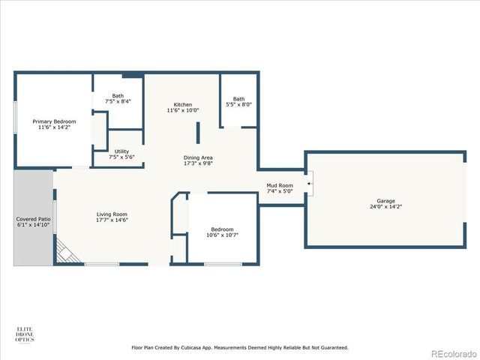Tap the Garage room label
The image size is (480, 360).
pos(385,200)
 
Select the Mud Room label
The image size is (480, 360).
pos(280,184)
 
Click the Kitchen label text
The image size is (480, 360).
pos(183,104)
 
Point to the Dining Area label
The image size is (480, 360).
pos(199,157)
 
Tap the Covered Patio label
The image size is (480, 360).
pos(33,219)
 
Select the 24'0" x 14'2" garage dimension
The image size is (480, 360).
pos(385,207)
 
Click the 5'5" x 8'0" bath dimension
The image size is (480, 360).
pos(238,105)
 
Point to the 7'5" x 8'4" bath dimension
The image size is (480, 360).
pos(118,101)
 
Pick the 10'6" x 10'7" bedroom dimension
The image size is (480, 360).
pos(221,235)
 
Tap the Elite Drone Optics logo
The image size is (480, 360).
pos(25,334)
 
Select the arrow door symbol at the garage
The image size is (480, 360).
pos(309,181)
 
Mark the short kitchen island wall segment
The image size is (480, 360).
pos(198,133)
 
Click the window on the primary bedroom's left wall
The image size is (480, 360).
pos(15,117)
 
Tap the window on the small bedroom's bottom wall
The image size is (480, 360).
pos(223,264)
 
